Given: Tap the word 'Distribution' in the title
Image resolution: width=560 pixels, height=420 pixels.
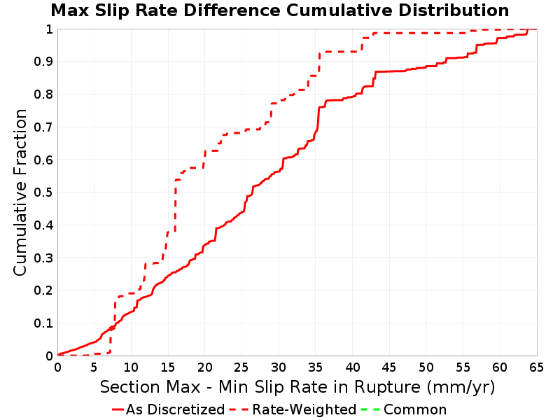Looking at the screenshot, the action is (x=454, y=10).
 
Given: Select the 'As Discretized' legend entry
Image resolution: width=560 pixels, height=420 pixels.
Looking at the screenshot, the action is (x=168, y=409).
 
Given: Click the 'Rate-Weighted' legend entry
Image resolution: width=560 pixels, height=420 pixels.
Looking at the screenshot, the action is (x=293, y=409).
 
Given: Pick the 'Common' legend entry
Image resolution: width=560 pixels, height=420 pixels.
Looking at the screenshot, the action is (x=404, y=409).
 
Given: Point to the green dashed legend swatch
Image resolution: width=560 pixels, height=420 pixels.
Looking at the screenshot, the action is (x=370, y=409).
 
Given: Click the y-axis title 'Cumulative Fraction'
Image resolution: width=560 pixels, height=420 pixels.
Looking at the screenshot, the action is (x=20, y=192).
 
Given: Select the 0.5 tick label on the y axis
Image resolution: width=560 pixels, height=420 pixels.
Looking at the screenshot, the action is (x=43, y=192).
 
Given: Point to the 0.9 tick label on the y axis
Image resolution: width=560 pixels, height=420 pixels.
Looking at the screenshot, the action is (x=43, y=62).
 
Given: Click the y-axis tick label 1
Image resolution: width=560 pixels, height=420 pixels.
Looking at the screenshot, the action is (x=49, y=29).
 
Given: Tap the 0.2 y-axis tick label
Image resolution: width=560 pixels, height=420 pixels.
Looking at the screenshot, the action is (x=43, y=290).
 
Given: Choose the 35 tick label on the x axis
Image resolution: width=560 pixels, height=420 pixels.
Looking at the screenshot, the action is (x=316, y=367).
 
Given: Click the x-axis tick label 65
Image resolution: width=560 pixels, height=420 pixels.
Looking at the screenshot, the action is (x=536, y=367).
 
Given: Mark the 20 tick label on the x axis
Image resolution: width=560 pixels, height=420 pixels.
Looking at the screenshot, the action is (x=204, y=367).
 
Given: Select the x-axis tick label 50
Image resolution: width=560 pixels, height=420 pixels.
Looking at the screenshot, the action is (x=426, y=367).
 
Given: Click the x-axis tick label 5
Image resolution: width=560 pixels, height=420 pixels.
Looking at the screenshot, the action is (x=94, y=367).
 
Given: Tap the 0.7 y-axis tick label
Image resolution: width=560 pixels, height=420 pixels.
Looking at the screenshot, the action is (x=43, y=127).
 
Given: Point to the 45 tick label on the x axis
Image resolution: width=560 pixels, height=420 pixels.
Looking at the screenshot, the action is (x=389, y=367).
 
